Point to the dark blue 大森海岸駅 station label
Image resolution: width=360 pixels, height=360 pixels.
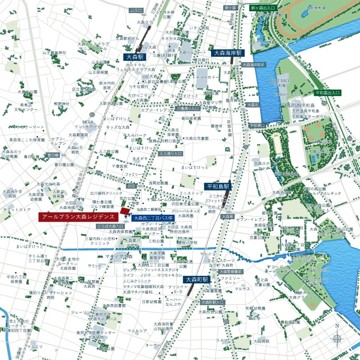pos(228,53)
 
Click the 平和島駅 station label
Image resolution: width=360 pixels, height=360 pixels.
pos(218,186)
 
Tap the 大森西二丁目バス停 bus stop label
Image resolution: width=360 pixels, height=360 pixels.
pos(153,219)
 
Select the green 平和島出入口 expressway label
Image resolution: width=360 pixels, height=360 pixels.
pos(328,92)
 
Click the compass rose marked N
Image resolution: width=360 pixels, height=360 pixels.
pos(337,338)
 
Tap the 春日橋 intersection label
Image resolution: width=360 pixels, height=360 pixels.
pos(54,155)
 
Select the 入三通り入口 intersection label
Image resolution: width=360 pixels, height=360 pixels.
pos(170,154)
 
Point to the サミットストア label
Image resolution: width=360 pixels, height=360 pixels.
pos(17,210)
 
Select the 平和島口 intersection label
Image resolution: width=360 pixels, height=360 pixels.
pos(258,126)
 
